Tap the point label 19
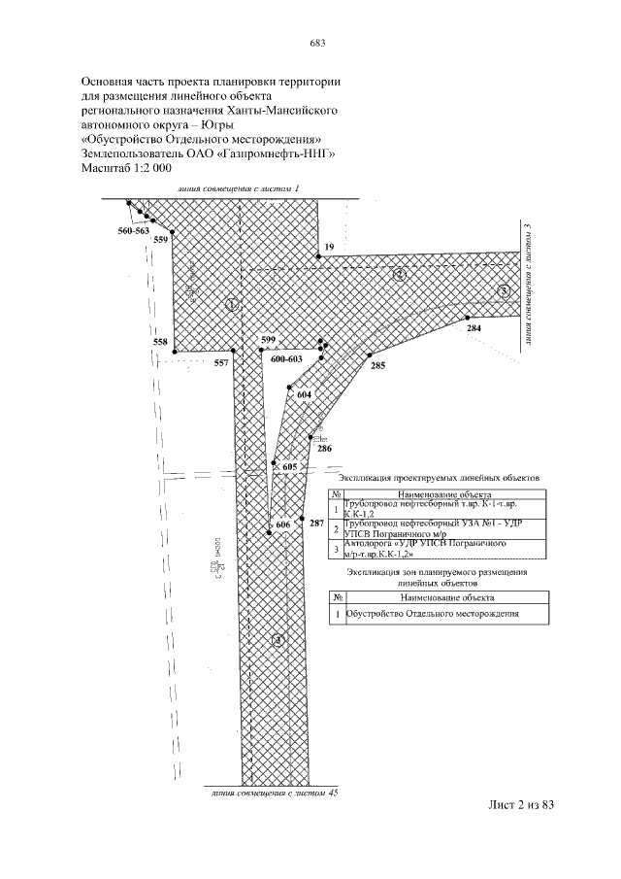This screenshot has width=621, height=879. point(329,248)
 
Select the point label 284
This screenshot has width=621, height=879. point(474,329)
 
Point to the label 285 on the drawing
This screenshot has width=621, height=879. point(377,366)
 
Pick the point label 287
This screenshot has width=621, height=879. point(315,524)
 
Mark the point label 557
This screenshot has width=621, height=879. point(222,362)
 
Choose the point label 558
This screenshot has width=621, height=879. point(160,342)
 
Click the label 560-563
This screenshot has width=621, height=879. point(132,231)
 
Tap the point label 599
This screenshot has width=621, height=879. point(269,339)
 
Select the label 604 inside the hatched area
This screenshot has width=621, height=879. point(304,395)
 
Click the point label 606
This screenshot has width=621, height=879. point(282,524)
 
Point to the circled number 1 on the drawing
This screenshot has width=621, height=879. point(230,304)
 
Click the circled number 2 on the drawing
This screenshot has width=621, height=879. point(399,275)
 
